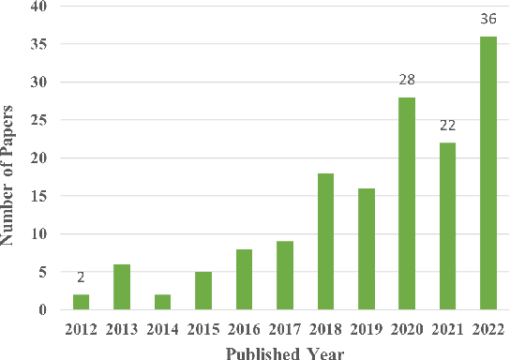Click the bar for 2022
click(x=488, y=173)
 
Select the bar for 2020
click(x=407, y=203)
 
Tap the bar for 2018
click(x=325, y=242)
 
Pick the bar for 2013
click(x=121, y=287)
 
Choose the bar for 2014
click(x=162, y=302)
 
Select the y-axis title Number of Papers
click(x=11, y=158)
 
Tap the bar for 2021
click(x=447, y=226)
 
